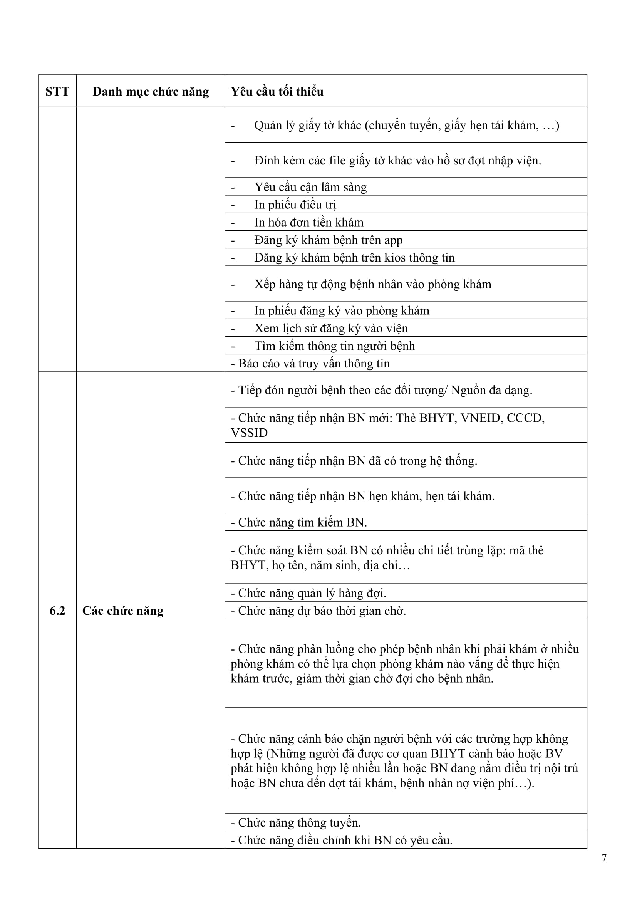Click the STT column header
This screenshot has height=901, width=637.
coord(57,91)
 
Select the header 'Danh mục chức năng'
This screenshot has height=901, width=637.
coord(151,91)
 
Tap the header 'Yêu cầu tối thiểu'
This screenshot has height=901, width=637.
coord(277,91)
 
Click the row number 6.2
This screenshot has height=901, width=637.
coord(57,611)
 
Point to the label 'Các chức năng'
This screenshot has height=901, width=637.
coord(123,611)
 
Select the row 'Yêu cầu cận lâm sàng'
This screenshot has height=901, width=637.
coord(310,187)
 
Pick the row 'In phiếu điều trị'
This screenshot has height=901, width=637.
coord(295,205)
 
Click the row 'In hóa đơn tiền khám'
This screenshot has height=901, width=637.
coord(309,222)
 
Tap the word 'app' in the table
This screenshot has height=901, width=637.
coord(393,240)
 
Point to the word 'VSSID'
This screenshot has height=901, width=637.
coord(249,433)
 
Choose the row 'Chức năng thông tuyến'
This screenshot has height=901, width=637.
coord(299,822)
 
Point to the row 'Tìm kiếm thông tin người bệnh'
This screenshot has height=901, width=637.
coord(334,346)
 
